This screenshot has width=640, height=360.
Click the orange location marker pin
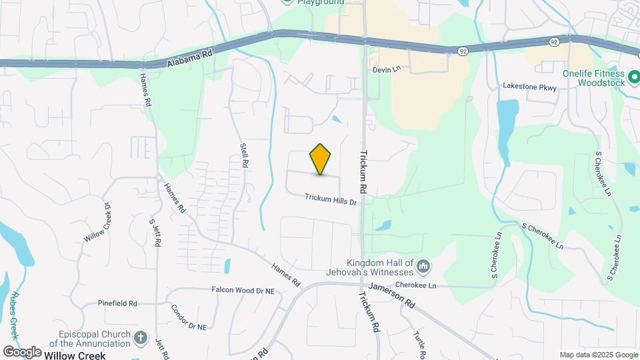pyautogui.click(x=321, y=159)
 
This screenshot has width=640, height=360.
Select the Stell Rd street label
pyautogui.click(x=245, y=154)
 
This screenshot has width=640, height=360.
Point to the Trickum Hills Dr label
pyautogui.click(x=331, y=199)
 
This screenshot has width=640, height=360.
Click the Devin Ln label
pyautogui.click(x=386, y=69)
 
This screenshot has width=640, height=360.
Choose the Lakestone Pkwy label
pyautogui.click(x=529, y=87)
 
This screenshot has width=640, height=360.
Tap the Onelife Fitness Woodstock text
pyautogui.click(x=592, y=78)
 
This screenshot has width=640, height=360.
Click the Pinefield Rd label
pyautogui.click(x=117, y=303)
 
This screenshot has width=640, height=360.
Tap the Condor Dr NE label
pyautogui.click(x=188, y=318)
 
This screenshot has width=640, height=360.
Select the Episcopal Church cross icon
pyautogui.click(x=140, y=338)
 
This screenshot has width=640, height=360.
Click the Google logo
pyautogui.click(x=22, y=351)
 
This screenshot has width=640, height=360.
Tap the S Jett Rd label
pyautogui.click(x=155, y=233)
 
